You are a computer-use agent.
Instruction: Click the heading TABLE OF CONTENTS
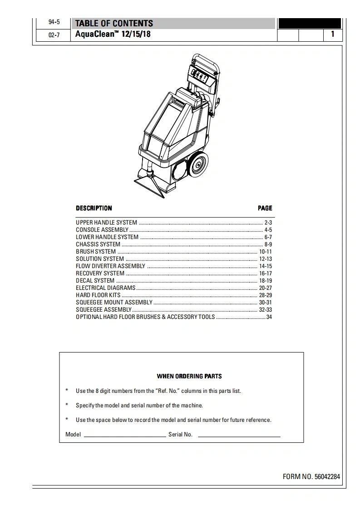114,24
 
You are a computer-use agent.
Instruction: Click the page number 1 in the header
333,34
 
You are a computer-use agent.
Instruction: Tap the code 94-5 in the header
54,23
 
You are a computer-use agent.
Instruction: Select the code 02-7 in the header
54,35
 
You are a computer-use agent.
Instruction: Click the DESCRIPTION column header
94,208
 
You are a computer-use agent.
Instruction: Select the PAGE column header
265,208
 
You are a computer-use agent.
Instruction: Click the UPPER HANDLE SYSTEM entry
106,223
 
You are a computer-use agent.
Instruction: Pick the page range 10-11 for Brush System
265,252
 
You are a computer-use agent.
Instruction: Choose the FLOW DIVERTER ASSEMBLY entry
110,266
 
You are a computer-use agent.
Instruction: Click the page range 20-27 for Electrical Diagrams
265,288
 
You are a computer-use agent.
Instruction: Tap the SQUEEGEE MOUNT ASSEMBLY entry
114,303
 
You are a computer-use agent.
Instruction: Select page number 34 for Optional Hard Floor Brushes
269,317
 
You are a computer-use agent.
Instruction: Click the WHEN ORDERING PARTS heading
189,376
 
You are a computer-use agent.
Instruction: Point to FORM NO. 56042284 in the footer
311,477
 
